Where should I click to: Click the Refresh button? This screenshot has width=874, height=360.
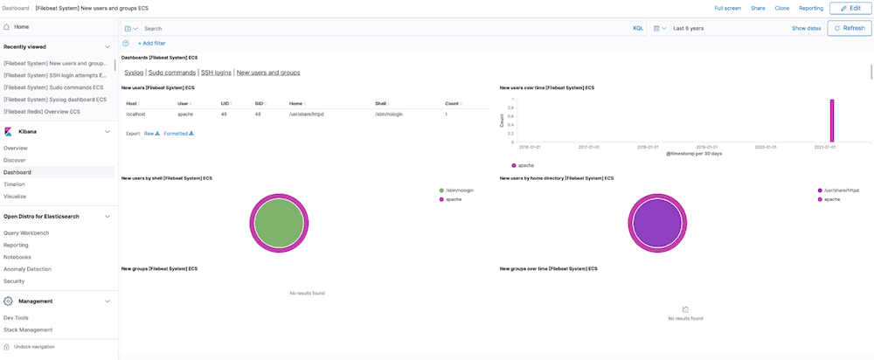click(x=849, y=28)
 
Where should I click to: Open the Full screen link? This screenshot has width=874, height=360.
click(x=727, y=8)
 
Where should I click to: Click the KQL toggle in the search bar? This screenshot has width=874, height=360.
click(x=637, y=28)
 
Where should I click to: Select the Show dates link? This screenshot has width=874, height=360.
click(x=806, y=28)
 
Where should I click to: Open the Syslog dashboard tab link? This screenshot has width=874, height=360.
click(x=134, y=73)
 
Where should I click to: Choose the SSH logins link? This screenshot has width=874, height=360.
click(x=216, y=73)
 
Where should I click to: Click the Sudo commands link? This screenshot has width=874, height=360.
click(x=172, y=73)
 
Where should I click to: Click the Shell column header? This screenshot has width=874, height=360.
click(x=381, y=103)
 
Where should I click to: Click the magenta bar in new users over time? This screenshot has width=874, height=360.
click(x=832, y=120)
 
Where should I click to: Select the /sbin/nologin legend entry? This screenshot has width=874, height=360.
click(x=458, y=190)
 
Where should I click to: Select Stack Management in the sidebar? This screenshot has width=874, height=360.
click(x=28, y=329)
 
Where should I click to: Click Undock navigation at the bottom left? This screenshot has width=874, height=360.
click(x=34, y=347)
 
